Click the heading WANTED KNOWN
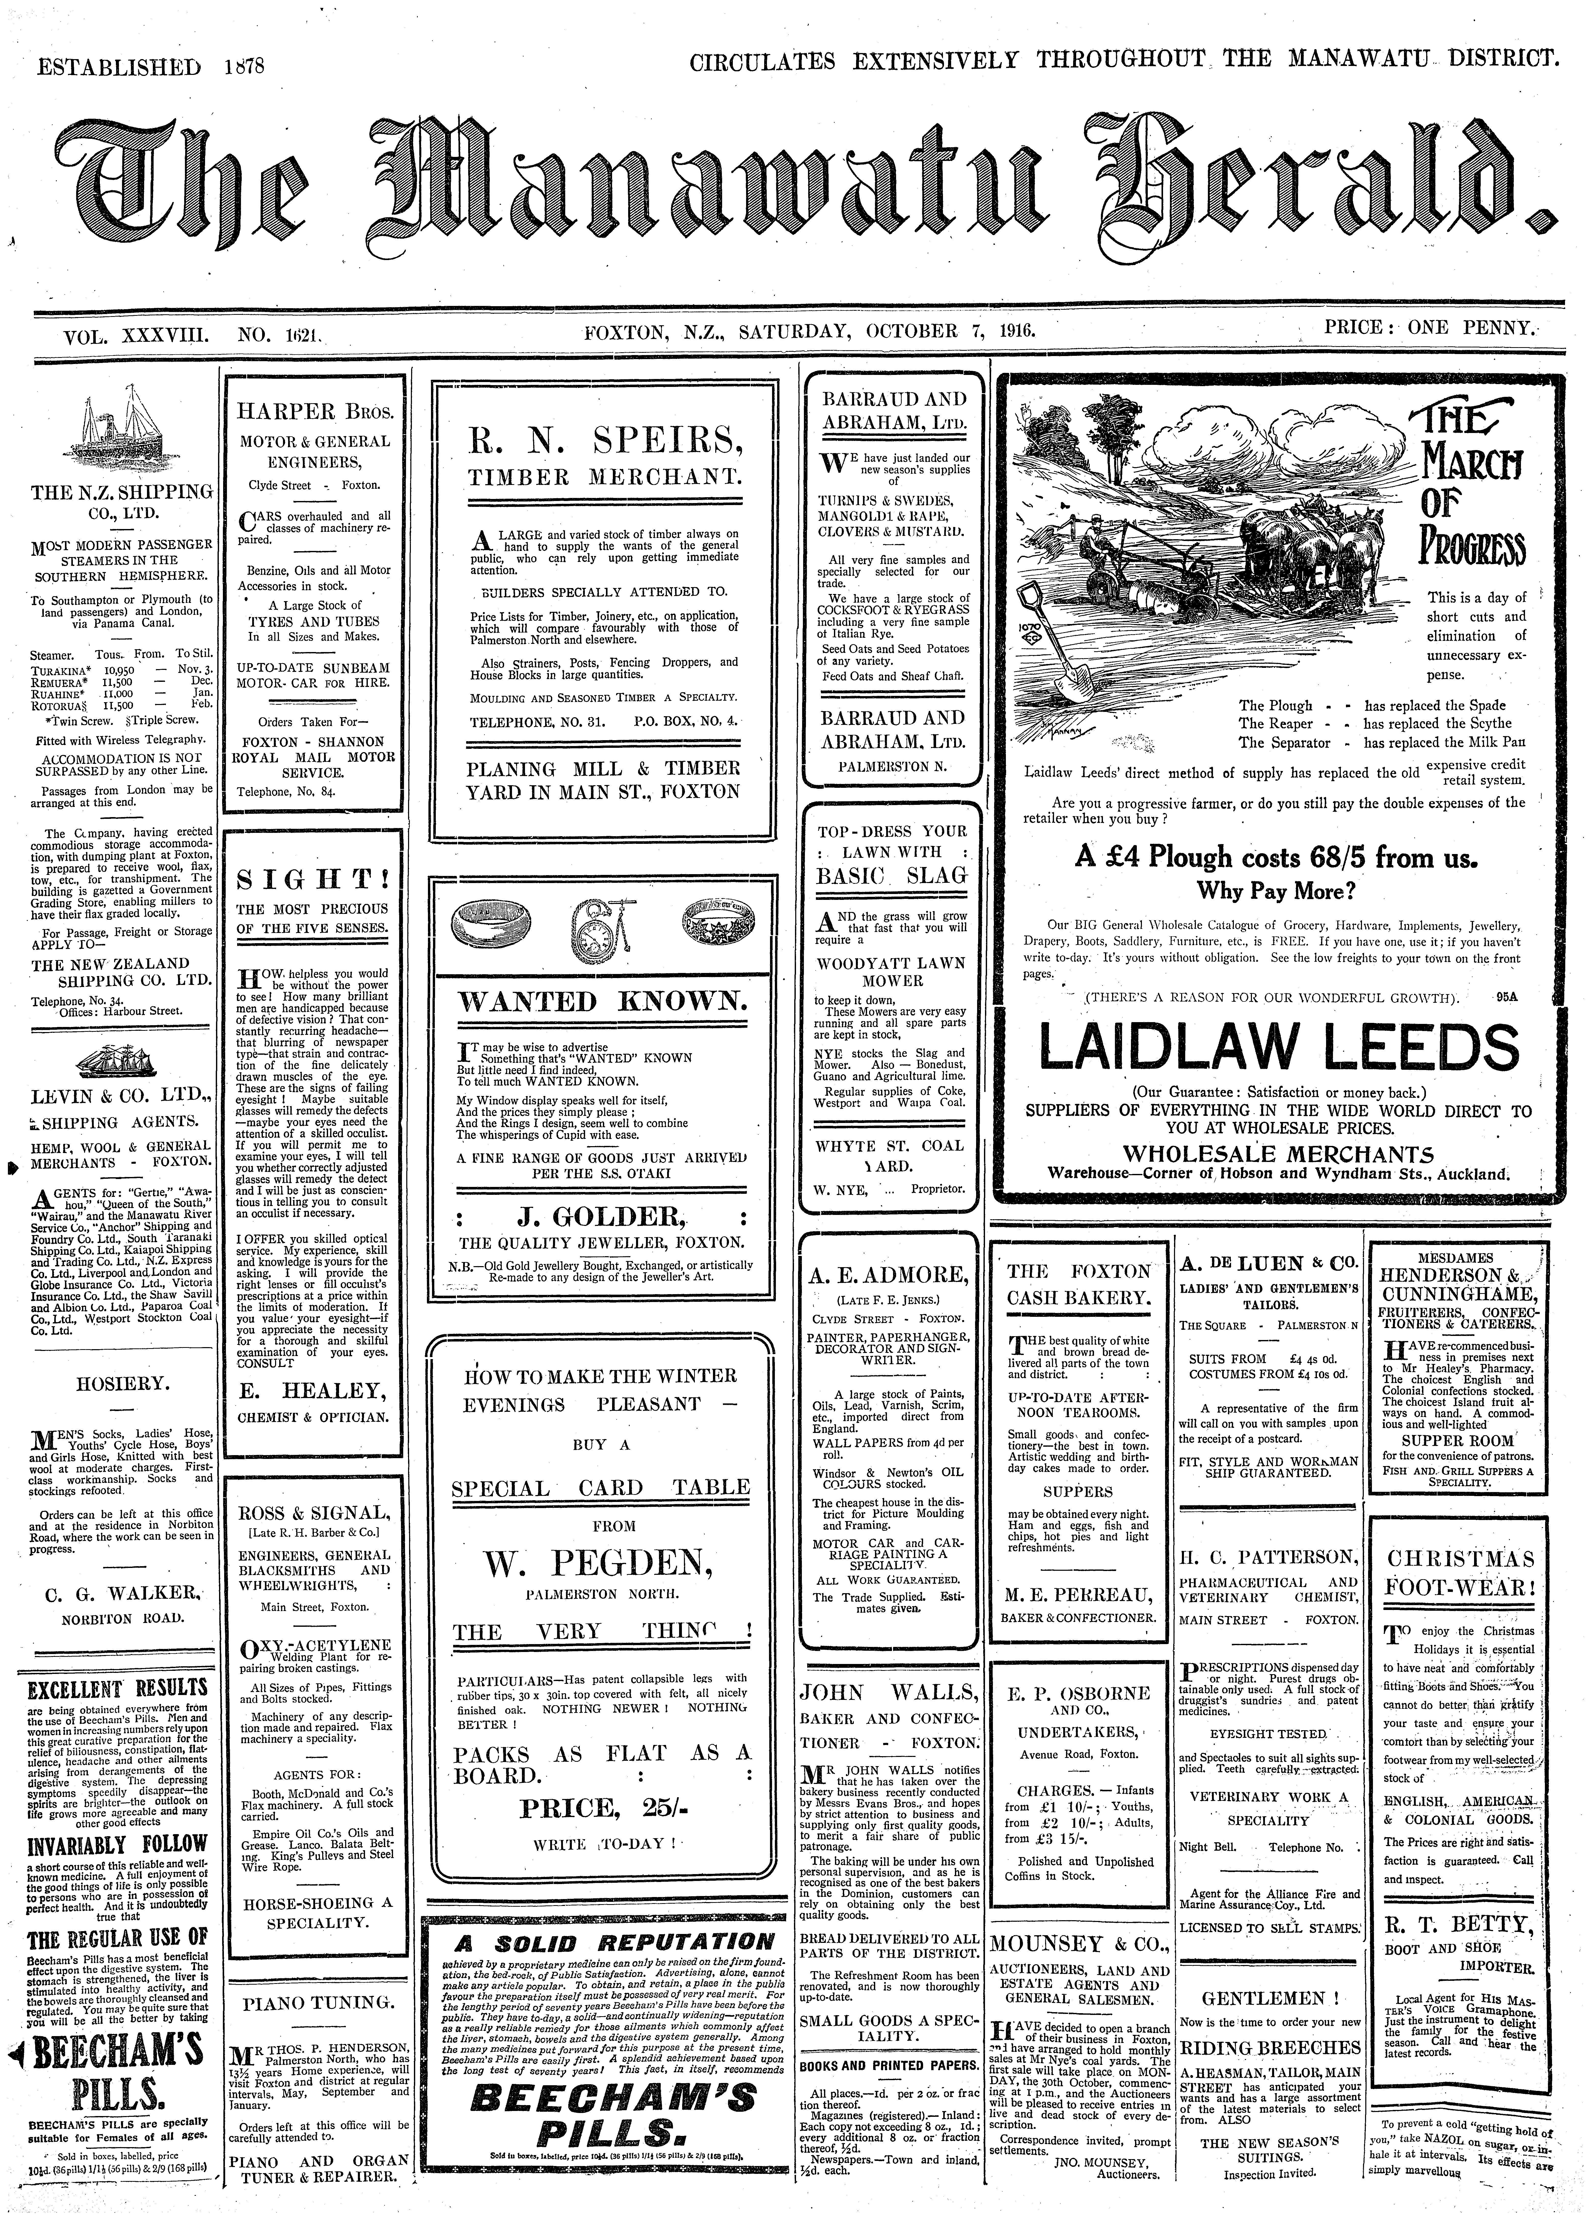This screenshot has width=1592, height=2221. point(601,1003)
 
